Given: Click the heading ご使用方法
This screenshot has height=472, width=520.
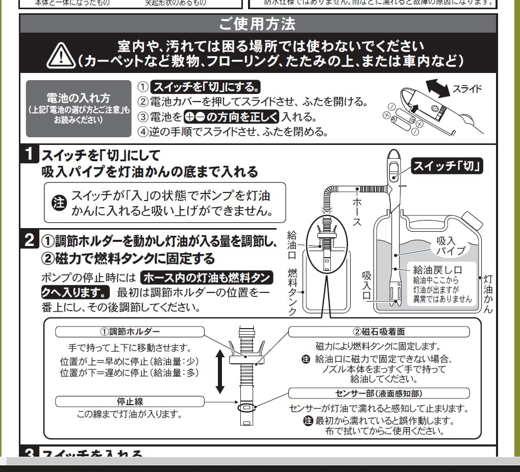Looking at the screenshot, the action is tap(257, 24).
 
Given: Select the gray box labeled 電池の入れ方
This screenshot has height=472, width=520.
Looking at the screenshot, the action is tap(78, 108).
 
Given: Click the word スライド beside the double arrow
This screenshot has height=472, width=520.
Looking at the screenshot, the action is tap(467, 89).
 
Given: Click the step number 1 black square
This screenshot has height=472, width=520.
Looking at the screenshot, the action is tap(31, 154).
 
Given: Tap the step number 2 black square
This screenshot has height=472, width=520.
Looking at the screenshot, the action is tap(31, 240).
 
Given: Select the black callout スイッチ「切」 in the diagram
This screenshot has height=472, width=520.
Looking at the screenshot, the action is tap(448, 166).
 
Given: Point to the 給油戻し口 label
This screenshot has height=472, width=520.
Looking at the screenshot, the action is tap(437, 270).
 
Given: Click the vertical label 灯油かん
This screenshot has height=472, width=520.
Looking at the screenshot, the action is tap(488, 294).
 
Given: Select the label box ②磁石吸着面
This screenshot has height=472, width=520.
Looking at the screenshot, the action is tap(379, 332).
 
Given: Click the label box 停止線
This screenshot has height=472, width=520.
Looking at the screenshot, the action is tap(130, 402).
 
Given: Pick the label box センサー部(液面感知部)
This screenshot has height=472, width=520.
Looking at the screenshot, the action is tap(379, 393).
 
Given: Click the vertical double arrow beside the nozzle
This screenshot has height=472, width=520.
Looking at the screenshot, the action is tap(220, 371).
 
